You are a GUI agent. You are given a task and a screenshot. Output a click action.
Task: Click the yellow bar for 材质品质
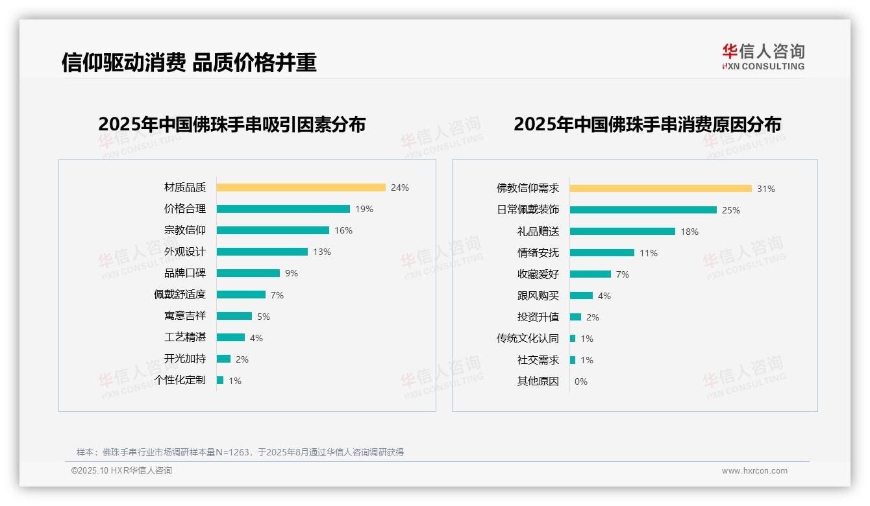coord(301,187)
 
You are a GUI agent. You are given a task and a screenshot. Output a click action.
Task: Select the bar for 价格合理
coord(283,209)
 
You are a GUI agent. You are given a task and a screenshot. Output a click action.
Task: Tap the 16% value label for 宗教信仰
coord(343,230)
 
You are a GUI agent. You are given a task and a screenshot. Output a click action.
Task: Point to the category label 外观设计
coord(184,252)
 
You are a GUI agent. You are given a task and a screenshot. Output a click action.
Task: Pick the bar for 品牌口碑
coord(248,273)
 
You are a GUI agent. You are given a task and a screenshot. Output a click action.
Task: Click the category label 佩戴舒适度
coord(179,295)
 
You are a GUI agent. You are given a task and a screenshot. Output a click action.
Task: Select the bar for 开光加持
coord(223,359)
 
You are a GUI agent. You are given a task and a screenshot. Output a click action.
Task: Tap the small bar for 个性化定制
coord(220,380)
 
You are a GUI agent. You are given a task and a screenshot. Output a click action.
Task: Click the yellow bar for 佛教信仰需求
coord(661,188)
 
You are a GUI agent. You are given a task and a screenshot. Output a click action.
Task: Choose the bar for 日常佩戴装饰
coord(643,210)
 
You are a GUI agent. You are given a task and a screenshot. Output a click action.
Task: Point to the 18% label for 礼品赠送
coord(690,232)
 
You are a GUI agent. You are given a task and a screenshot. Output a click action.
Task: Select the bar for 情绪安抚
coord(602,252)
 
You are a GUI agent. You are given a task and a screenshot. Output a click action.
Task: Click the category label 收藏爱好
coord(538,274)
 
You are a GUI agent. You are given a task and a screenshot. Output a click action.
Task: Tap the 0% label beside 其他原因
coord(580,381)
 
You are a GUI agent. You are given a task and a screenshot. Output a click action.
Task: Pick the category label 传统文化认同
coord(527,339)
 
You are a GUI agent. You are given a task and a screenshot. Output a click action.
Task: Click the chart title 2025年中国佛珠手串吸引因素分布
coord(232,124)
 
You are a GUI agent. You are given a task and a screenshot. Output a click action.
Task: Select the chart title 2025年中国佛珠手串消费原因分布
coord(647,124)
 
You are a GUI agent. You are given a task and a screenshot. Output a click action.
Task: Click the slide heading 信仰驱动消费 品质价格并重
coord(189,62)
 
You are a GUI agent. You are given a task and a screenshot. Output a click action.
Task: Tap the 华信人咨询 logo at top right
coord(763,56)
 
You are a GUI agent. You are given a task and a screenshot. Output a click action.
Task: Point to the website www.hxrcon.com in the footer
coord(754,471)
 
